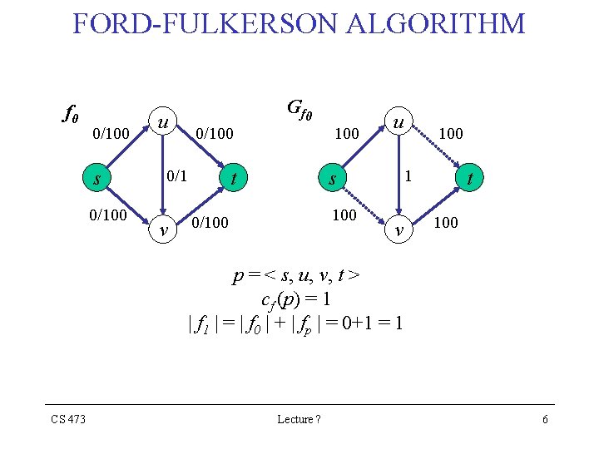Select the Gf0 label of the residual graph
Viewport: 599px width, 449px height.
point(299,109)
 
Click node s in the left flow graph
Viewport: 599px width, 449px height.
point(97,178)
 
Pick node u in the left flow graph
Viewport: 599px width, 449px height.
point(164,121)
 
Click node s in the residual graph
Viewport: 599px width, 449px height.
point(331,178)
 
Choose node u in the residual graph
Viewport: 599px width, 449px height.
point(399,121)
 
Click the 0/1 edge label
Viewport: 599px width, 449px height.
point(177,176)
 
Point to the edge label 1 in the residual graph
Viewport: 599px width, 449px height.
point(408,176)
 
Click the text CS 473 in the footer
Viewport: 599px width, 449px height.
point(68,419)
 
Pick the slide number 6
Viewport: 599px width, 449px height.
point(545,419)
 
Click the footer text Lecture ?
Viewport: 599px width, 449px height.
point(299,419)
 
